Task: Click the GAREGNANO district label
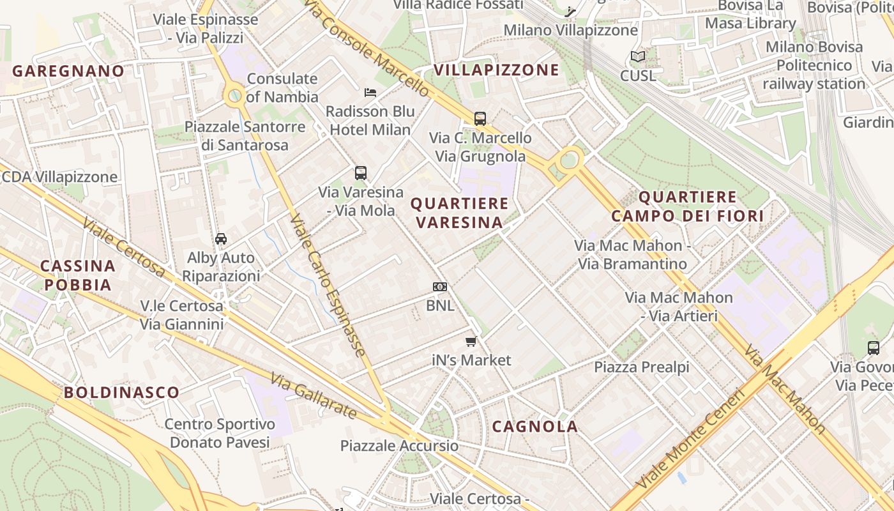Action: click(68, 71)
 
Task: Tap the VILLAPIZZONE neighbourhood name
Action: click(496, 70)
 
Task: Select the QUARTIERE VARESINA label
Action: click(460, 213)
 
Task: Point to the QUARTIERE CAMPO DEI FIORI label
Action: click(687, 206)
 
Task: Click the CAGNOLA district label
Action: click(535, 427)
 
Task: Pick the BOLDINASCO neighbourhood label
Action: click(121, 392)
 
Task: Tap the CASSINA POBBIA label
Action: click(78, 275)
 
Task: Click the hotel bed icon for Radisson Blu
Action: click(370, 93)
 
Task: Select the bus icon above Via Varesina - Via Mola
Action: click(361, 173)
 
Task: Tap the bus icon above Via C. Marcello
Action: click(480, 119)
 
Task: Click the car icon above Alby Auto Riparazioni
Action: click(221, 239)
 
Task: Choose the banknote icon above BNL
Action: click(440, 287)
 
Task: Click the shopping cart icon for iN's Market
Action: click(471, 342)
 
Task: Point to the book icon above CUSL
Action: click(638, 57)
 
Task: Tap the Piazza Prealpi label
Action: click(642, 367)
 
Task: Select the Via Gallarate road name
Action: click(313, 396)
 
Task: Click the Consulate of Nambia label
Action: click(282, 88)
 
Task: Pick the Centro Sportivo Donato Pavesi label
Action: click(220, 433)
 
